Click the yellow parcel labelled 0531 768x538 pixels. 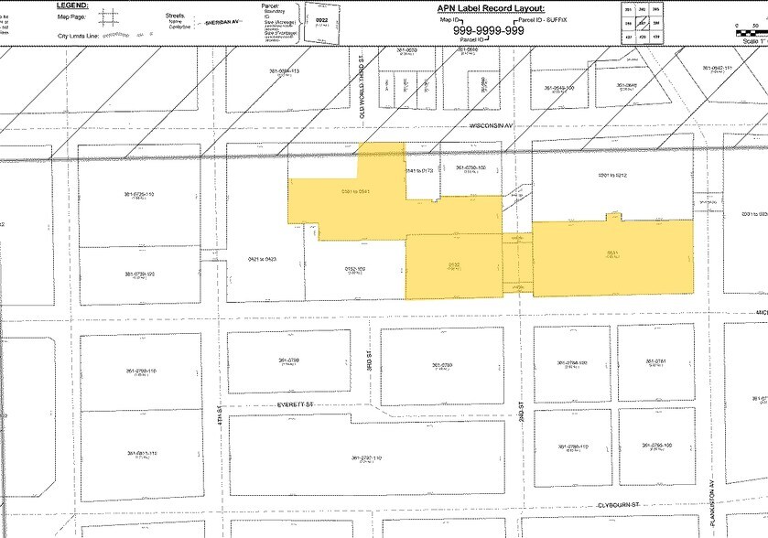[x=611, y=255]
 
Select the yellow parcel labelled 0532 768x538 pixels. [x=454, y=264]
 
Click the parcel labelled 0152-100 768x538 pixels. [x=355, y=269]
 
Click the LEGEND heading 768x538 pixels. [x=70, y=5]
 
